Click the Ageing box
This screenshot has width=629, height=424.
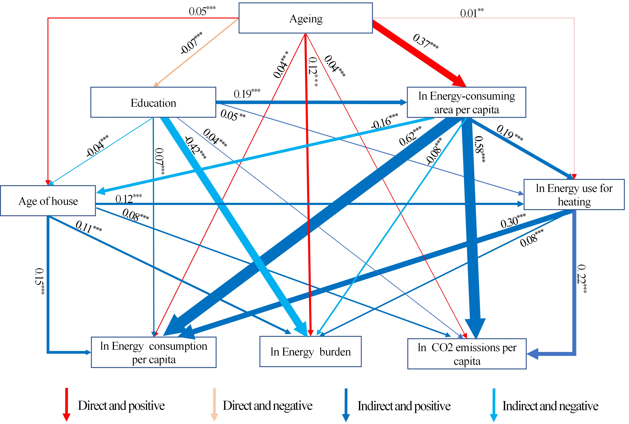[306, 18]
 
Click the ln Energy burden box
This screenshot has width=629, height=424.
[310, 351]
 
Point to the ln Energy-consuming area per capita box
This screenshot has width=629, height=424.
[467, 103]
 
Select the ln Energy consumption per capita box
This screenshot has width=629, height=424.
[154, 352]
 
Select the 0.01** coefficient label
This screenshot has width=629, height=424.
[472, 13]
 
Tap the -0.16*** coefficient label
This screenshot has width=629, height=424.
[384, 121]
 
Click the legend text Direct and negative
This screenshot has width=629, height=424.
[268, 406]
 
